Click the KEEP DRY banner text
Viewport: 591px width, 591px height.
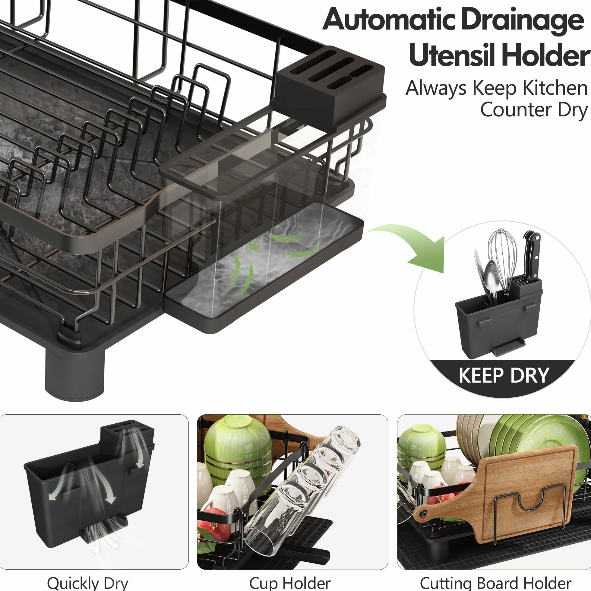coord(504,375)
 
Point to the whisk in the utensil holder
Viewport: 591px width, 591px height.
coord(502,260)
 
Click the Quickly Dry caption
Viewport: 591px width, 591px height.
coord(88,583)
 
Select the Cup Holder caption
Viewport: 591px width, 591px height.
coord(290,583)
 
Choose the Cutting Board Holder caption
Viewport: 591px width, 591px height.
coord(495,583)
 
